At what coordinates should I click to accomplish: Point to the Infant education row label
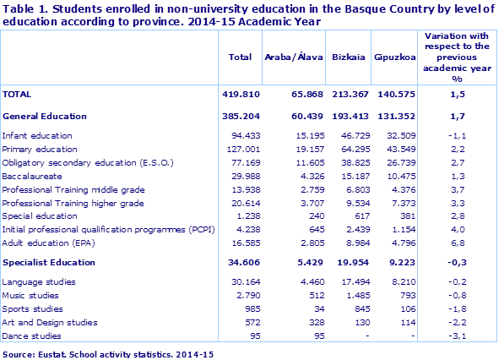click(x=36, y=135)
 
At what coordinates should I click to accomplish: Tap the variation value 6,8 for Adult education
click(x=457, y=242)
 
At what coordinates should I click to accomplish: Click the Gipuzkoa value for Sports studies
click(x=399, y=308)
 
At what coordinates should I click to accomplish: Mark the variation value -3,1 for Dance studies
click(x=456, y=335)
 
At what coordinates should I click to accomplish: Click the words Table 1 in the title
click(x=25, y=8)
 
